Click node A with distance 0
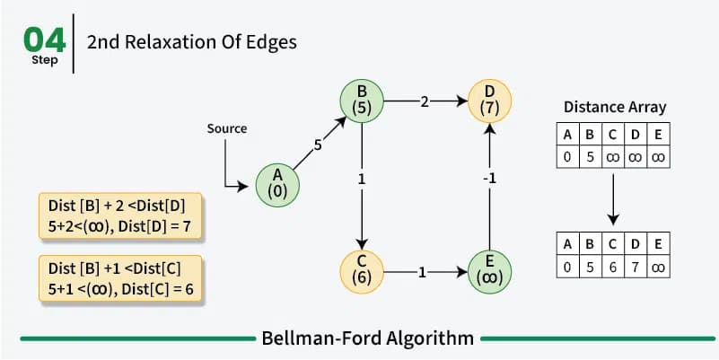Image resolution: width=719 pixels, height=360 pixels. pos(277,185)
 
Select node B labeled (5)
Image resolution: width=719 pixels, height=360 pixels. pos(362,101)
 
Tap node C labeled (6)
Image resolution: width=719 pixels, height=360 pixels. pos(362,272)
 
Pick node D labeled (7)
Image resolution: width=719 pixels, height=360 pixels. pos(489,101)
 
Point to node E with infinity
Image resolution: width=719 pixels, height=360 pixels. pos(489,272)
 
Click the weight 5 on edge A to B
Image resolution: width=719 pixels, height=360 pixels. pos(318,145)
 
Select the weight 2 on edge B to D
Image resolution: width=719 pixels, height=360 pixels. pos(425,101)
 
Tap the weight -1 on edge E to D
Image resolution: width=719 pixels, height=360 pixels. pos(490,179)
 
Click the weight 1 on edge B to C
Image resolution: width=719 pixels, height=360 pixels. pos(362,179)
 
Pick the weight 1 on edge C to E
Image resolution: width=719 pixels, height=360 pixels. pos(422,273)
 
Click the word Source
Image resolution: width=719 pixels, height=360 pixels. pos(227,129)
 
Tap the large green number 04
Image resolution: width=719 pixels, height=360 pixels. pos(45,40)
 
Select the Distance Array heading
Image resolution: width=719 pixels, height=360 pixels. pos(615,107)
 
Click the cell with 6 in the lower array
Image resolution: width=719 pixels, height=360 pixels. pos(613,267)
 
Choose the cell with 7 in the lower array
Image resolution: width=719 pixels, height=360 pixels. pos(636,267)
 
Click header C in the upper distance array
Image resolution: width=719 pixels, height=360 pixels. pos(613,135)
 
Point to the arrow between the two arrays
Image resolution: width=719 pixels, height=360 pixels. pos(613,199)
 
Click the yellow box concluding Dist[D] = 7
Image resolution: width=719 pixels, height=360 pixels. pos(120,216)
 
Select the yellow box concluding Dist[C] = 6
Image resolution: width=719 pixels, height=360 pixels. pos(120,278)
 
